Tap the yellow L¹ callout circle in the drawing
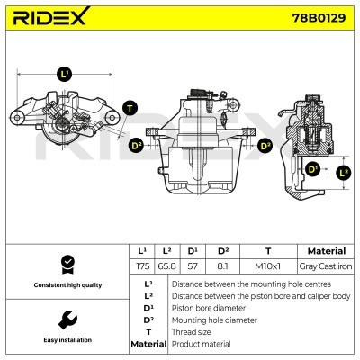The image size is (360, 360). pos(63,74)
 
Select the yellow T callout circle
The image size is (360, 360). pos(130,108)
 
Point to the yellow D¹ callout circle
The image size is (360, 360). pos(312,167)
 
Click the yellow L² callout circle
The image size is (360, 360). pos(343,171)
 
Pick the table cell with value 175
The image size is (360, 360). pos(141,268)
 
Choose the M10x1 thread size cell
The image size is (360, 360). pos(267,268)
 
